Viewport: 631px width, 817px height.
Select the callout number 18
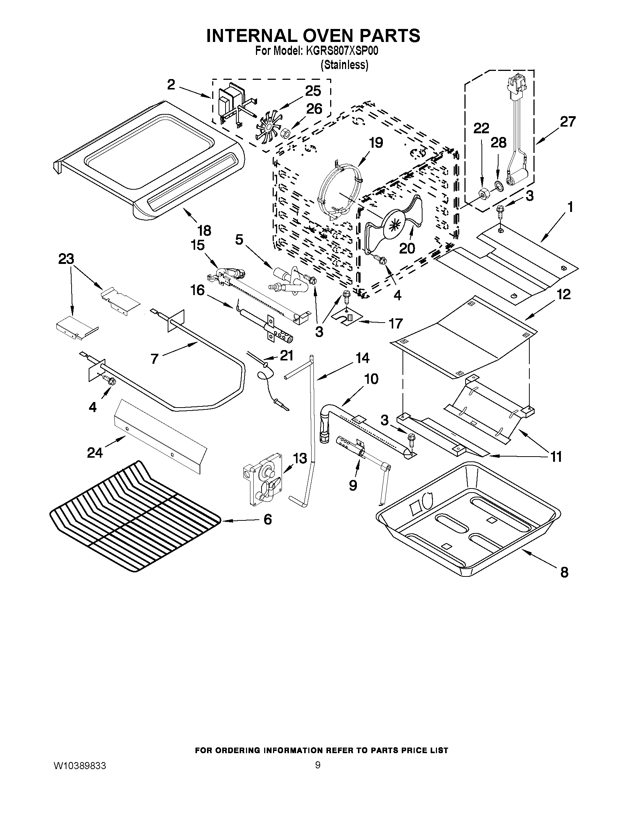pyautogui.click(x=204, y=231)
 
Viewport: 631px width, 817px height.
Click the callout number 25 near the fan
pyautogui.click(x=313, y=91)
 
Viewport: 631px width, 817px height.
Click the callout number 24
pyautogui.click(x=95, y=452)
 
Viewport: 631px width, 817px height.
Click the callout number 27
pyautogui.click(x=568, y=122)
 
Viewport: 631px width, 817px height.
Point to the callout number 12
pyautogui.click(x=563, y=294)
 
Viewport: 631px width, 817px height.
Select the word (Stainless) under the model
pyautogui.click(x=344, y=65)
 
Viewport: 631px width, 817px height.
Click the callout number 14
pyautogui.click(x=362, y=358)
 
